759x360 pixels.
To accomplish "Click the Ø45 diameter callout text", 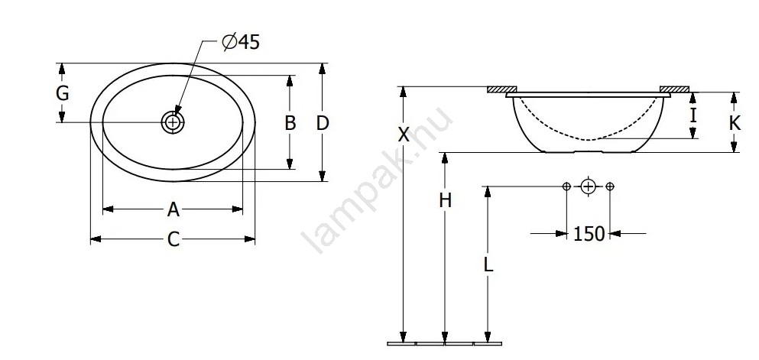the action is click(241, 42).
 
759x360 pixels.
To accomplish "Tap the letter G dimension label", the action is click(62, 93).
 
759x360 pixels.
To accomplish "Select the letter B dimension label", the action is click(290, 123).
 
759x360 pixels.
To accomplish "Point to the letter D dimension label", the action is click(323, 123).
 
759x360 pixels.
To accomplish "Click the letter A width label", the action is click(174, 209).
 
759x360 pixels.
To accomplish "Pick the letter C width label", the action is click(174, 239).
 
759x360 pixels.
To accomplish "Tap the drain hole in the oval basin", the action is click(172, 122).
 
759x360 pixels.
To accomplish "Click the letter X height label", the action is click(404, 135).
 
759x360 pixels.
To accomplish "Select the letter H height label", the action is click(446, 199).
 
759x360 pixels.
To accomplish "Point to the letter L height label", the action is click(488, 264).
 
